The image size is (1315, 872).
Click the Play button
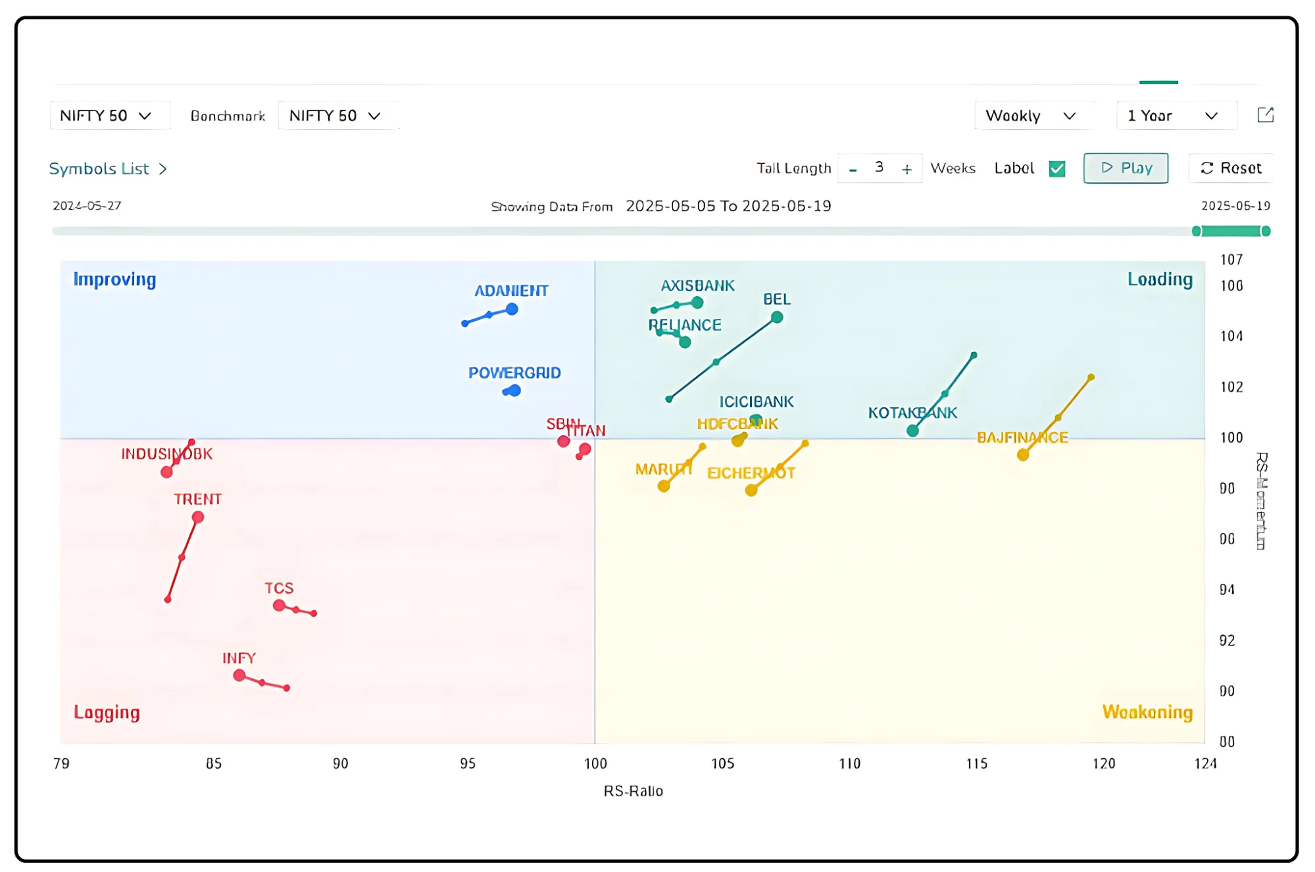(x=1125, y=168)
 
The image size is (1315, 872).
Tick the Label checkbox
(x=1057, y=168)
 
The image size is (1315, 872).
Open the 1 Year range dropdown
(x=1173, y=116)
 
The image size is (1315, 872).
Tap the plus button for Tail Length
(x=906, y=169)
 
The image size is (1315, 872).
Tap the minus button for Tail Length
(x=853, y=169)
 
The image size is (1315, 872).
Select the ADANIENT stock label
(x=511, y=290)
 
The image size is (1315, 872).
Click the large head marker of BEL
(x=777, y=317)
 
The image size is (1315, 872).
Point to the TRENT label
(x=197, y=499)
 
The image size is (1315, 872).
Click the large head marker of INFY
(x=239, y=675)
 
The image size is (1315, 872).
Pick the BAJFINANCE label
(x=1022, y=438)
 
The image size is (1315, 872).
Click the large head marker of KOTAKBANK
(x=912, y=430)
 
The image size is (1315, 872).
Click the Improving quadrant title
(x=114, y=279)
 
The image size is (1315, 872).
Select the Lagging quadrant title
(x=107, y=712)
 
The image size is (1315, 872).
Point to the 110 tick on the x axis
(x=849, y=763)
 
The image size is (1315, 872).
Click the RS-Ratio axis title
(x=633, y=790)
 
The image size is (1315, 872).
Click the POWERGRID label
(x=514, y=372)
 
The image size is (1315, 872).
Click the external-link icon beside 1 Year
(x=1265, y=115)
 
